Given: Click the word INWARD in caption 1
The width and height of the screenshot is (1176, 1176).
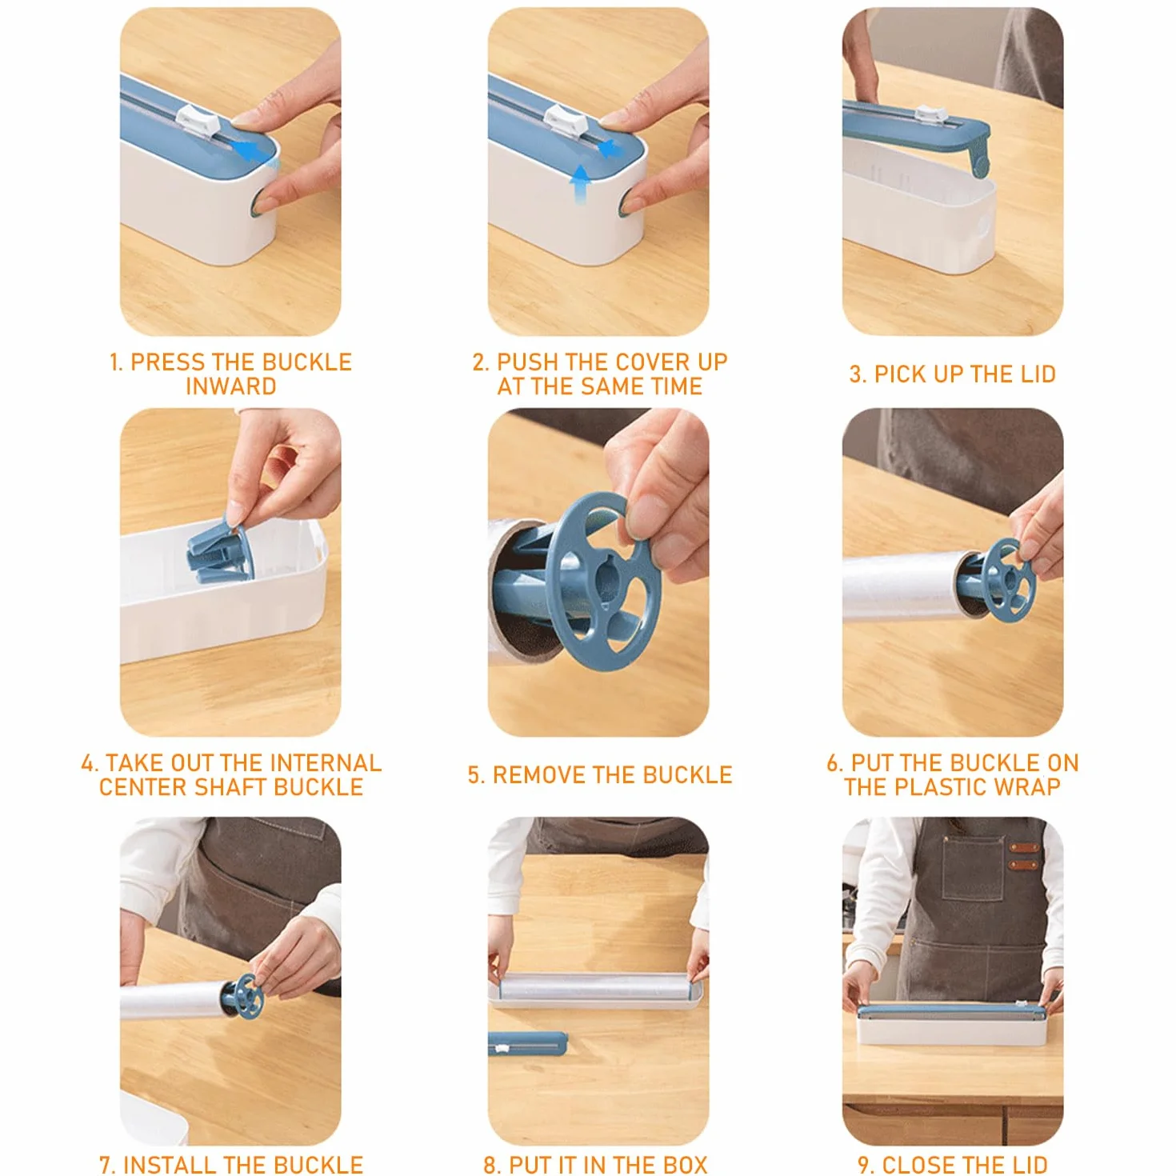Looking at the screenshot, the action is pyautogui.click(x=231, y=386).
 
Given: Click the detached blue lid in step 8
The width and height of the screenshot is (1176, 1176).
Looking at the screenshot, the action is pyautogui.click(x=527, y=1043).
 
